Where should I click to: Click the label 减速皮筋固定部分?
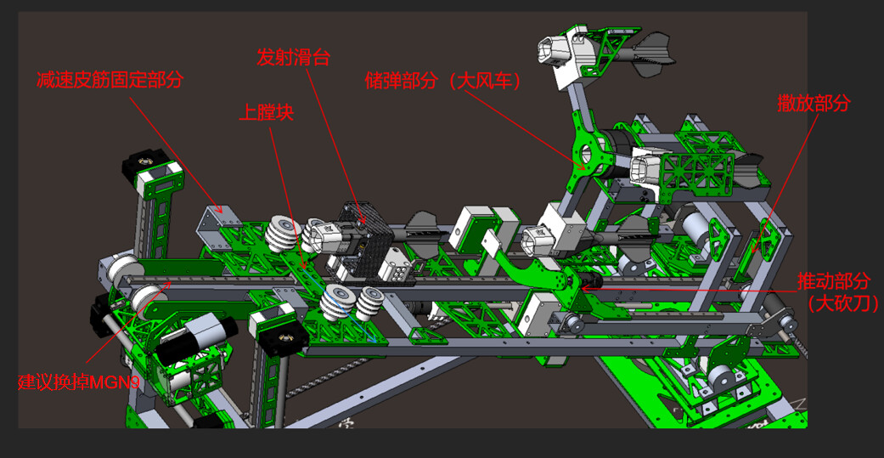pos(110,80)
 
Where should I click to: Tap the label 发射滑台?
pos(293,57)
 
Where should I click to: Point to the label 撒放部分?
pos(814,103)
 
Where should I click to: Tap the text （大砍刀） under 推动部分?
pos(839,303)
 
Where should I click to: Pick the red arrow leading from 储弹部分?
pos(523,128)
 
